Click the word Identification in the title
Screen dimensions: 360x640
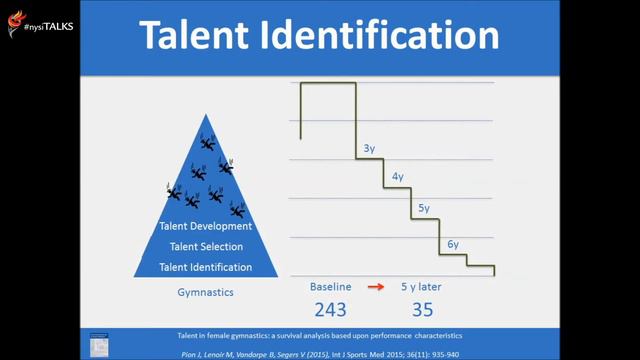pyautogui.click(x=385, y=37)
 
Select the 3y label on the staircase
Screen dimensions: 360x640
pyautogui.click(x=369, y=149)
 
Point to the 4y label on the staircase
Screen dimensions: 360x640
pyautogui.click(x=397, y=177)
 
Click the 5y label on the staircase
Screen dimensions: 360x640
pyautogui.click(x=424, y=208)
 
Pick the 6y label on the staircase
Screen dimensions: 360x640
pyautogui.click(x=452, y=244)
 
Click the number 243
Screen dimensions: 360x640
pyautogui.click(x=331, y=308)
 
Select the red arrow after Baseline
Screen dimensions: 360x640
pyautogui.click(x=375, y=287)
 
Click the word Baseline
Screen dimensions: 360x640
pyautogui.click(x=330, y=286)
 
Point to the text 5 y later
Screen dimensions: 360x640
pyautogui.click(x=421, y=286)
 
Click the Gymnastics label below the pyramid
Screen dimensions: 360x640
pyautogui.click(x=206, y=293)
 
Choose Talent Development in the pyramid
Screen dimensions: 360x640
pyautogui.click(x=207, y=227)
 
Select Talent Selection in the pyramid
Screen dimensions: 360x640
pyautogui.click(x=207, y=247)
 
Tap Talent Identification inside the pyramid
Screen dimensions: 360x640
pyautogui.click(x=207, y=267)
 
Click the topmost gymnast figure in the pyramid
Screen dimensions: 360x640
pyautogui.click(x=207, y=143)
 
